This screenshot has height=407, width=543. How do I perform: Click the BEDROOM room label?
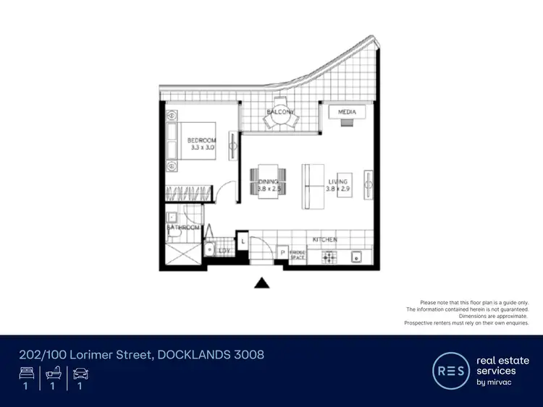coord(201,140)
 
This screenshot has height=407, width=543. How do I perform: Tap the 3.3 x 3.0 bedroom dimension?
coord(201,147)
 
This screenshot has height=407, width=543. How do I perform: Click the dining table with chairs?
coord(269,181)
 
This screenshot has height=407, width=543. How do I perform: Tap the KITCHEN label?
coord(325,239)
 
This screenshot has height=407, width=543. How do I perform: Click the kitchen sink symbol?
coord(356,256)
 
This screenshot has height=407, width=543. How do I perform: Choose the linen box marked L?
coord(243,240)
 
